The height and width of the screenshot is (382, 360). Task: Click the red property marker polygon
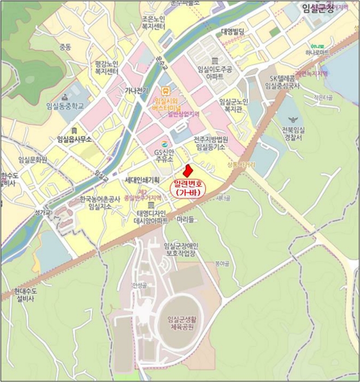[x=187, y=172]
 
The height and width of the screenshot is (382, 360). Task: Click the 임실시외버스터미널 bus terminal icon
[x=165, y=91]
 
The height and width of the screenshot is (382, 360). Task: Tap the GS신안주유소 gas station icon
[x=164, y=145]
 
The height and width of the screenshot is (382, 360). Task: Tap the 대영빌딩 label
[x=233, y=31]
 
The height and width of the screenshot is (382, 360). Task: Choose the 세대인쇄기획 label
[x=141, y=180]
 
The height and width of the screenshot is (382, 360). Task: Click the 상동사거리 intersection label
[x=241, y=164]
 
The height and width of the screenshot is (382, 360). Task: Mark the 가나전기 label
[x=137, y=91]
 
